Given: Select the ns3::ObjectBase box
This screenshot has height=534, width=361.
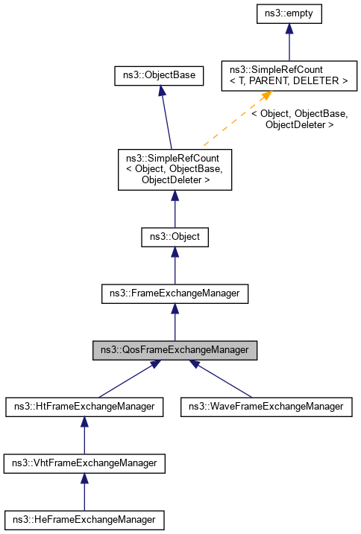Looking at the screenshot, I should click(x=158, y=75).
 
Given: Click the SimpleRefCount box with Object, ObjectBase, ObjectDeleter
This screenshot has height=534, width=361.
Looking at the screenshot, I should click(x=175, y=168).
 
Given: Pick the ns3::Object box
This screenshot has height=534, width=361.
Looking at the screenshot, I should click(x=175, y=238).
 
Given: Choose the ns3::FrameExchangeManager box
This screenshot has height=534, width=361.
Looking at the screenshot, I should click(x=175, y=293).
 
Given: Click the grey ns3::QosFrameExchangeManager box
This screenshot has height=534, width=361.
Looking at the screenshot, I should click(x=175, y=350).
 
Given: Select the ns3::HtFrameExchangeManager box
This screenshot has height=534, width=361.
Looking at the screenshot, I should click(x=84, y=407).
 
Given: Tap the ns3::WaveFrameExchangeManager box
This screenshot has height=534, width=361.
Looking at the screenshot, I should click(x=266, y=407).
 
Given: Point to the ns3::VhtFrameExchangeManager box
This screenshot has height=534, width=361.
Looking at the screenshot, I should click(x=84, y=463).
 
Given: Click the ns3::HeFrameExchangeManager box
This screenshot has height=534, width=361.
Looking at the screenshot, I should click(x=84, y=518).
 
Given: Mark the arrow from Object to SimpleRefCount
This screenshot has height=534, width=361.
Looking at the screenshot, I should click(x=175, y=209).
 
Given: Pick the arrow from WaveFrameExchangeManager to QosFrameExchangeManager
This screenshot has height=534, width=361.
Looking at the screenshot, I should click(x=224, y=380).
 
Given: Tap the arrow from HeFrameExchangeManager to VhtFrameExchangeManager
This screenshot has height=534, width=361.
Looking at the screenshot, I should click(x=84, y=492).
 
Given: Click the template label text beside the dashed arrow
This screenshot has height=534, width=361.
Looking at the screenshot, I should click(x=299, y=119).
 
